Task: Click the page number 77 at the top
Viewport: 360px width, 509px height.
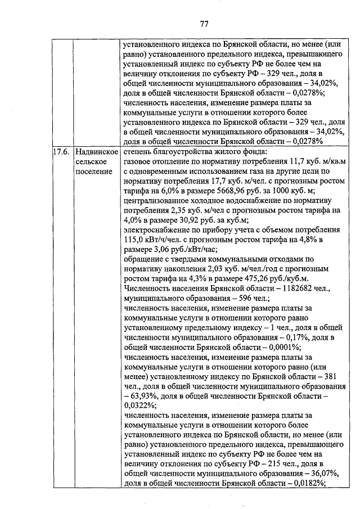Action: [x=204, y=23]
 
